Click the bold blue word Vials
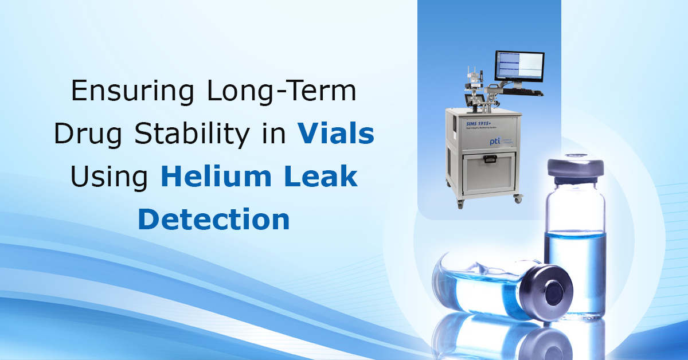click(x=335, y=135)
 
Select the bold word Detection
click(x=214, y=220)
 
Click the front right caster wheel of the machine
click(x=518, y=199)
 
